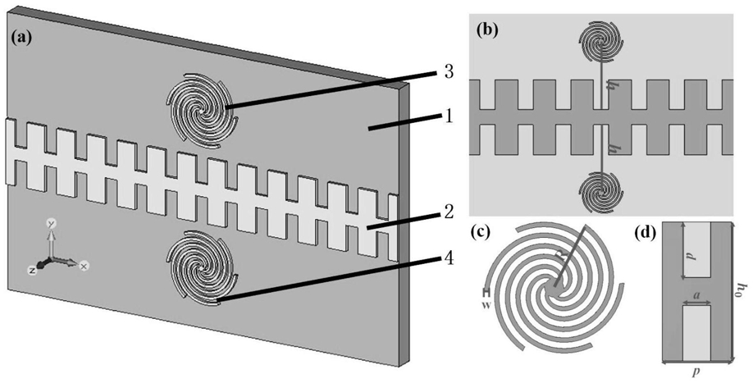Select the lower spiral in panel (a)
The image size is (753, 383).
[x=202, y=269]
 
